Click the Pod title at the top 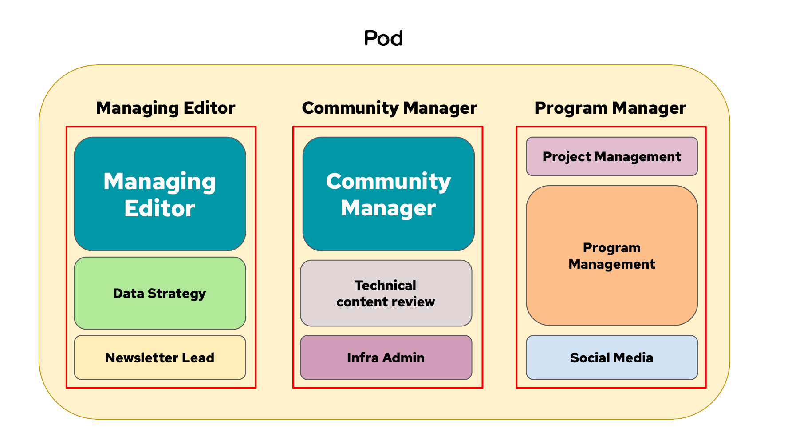384,39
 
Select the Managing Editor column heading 165,108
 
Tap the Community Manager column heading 389,108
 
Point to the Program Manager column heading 610,108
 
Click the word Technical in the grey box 385,285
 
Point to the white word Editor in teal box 160,208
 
